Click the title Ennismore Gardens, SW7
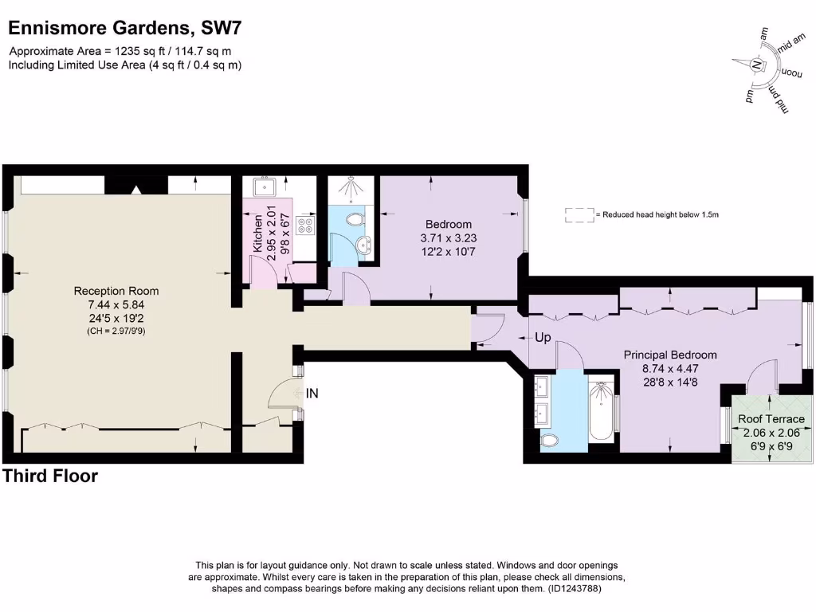point(124,29)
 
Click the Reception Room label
point(116,291)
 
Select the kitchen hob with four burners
point(304,226)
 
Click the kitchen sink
point(265,187)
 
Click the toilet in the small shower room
point(354,218)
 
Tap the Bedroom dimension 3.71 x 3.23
point(448,237)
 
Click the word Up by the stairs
point(543,338)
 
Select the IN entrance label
point(312,393)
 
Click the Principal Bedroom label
point(669,355)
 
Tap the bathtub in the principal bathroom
point(601,411)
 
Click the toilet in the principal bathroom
point(550,440)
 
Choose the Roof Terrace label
point(771,419)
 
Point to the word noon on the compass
point(789,73)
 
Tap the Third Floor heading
point(50,477)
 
